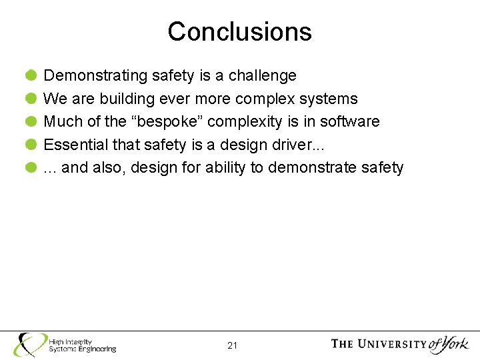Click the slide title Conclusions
coord(239,31)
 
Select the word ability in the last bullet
coord(225,167)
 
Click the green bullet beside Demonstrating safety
coord(31,76)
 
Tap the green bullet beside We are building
coord(31,99)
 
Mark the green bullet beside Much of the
coord(31,121)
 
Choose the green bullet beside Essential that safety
coord(31,145)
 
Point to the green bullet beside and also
coord(31,167)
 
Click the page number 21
coord(233,345)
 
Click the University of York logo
coord(399,344)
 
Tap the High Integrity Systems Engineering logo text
coord(81,345)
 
